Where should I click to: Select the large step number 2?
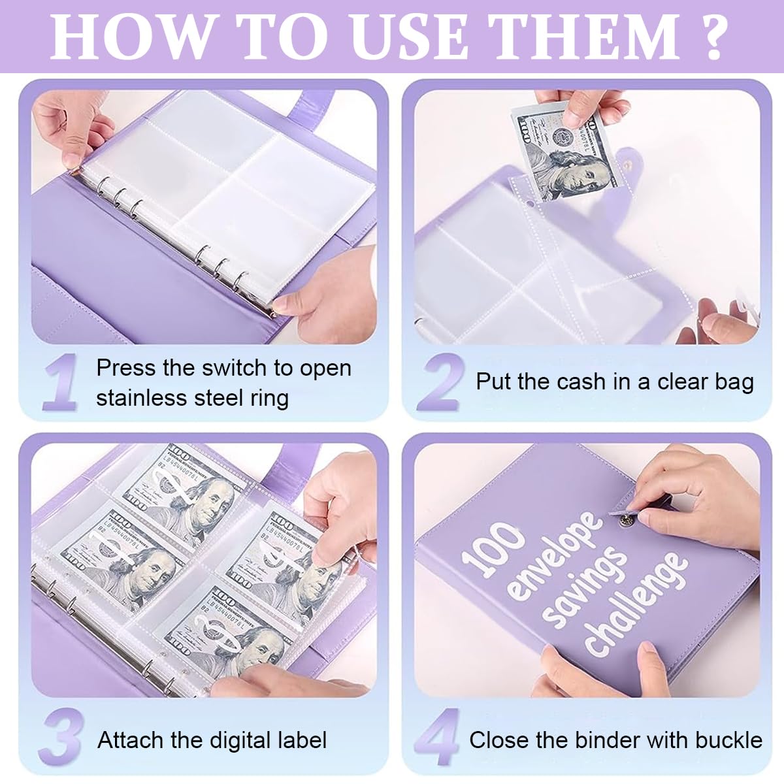[441, 382]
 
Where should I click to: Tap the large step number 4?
[438, 738]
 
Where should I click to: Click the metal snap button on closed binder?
[626, 519]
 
